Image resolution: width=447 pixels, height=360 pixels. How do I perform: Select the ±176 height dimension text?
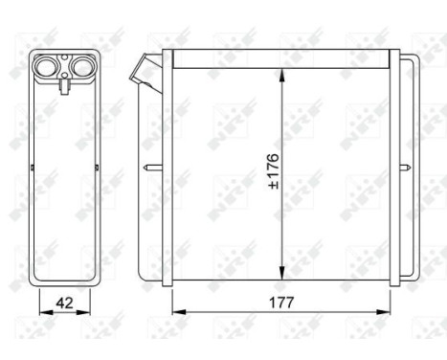point(270,169)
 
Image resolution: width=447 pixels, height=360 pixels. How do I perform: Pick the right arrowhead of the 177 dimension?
point(391,312)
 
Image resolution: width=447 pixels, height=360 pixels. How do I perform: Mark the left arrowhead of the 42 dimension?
point(40,313)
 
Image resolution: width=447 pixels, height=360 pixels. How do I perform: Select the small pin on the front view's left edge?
point(149,169)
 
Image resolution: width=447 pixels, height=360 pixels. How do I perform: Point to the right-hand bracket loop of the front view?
point(409,169)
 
